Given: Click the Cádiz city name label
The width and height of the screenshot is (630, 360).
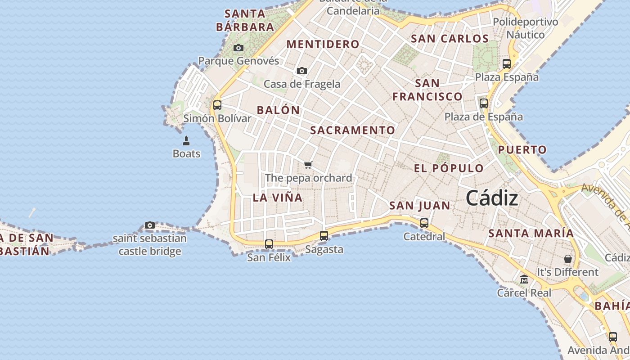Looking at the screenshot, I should click(x=492, y=198).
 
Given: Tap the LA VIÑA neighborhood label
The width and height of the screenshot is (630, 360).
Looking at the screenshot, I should click(x=278, y=198).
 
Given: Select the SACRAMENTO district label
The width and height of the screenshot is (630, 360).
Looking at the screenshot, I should click(x=353, y=130).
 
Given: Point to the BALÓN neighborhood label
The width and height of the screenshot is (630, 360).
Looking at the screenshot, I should click(x=278, y=110).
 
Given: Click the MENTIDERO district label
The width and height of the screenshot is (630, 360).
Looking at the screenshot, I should click(x=323, y=44).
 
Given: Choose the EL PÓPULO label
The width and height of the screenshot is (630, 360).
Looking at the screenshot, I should click(x=449, y=168).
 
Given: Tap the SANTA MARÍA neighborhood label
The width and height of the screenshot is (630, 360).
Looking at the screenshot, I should click(x=531, y=233).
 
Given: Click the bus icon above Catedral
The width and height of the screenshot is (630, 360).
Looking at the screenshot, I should click(x=424, y=223).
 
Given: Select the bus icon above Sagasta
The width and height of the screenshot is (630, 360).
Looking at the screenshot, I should click(x=324, y=235).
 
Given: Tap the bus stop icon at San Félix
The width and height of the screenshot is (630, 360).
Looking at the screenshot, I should click(x=269, y=244).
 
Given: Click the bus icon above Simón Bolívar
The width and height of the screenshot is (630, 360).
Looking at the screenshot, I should click(x=217, y=105).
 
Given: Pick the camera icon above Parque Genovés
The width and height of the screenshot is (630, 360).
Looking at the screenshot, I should click(x=238, y=48).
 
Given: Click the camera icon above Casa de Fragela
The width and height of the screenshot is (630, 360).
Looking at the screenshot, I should click(x=302, y=71).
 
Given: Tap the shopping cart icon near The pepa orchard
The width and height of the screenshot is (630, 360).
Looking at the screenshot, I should click(x=308, y=165).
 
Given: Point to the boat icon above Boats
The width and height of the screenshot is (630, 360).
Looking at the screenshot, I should click(x=186, y=141).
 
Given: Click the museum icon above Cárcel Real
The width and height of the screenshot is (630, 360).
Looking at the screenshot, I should click(x=524, y=279).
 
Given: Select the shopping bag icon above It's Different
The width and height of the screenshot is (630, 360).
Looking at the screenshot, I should click(x=568, y=259).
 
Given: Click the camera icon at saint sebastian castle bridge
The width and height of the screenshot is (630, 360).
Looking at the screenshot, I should click(x=150, y=225).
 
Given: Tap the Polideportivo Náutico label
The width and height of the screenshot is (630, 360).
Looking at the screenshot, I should click(x=525, y=28).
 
